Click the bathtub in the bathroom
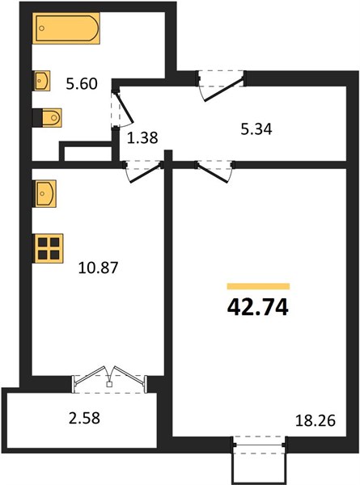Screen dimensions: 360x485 tap(66, 28)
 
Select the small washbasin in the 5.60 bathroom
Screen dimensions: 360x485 tap(42, 81)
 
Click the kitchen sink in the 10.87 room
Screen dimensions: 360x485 tap(44, 194)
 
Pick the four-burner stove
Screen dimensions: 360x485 tap(49, 248)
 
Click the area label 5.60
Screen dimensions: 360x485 tap(82, 84)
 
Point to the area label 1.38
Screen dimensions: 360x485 tap(142, 137)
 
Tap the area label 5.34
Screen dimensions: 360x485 tap(256, 129)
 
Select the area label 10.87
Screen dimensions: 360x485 tap(98, 268)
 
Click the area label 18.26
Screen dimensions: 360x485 tap(316, 421)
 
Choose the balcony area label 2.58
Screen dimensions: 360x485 tap(84, 418)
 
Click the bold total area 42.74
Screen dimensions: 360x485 tap(258, 307)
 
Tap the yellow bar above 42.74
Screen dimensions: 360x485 tap(258, 286)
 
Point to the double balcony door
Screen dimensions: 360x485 tap(109, 378)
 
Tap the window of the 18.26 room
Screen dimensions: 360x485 tap(260, 445)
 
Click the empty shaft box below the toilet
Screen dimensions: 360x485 tap(86, 152)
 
